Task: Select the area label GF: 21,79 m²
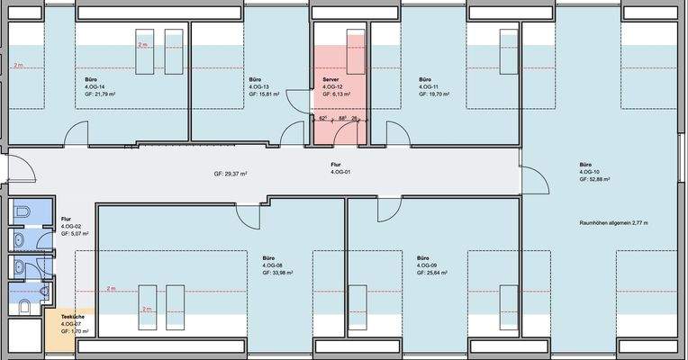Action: [102, 94]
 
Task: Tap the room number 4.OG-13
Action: [260, 87]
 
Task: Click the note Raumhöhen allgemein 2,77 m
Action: [614, 221]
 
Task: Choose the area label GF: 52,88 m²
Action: [595, 179]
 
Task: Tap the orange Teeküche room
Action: [68, 324]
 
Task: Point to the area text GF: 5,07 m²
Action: [75, 233]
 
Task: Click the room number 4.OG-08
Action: [273, 265]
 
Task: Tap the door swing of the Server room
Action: [343, 135]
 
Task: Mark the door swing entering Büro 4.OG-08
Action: [247, 216]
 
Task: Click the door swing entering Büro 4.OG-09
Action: [388, 210]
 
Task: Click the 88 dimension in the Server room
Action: [342, 118]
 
